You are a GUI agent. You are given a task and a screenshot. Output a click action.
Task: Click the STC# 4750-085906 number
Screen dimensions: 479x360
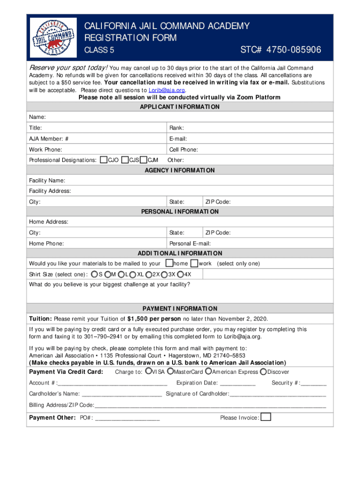281,50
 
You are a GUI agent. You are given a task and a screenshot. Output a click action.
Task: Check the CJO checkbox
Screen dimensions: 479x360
104,160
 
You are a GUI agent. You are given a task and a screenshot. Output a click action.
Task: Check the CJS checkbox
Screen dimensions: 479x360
125,160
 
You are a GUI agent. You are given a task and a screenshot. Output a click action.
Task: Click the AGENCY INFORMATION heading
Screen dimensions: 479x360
180,170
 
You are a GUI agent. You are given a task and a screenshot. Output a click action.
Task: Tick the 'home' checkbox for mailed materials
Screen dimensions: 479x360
170,263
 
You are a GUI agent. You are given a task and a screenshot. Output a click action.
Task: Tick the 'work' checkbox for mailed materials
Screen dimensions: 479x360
194,263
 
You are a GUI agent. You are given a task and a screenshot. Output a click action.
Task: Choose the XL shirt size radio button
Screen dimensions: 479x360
133,274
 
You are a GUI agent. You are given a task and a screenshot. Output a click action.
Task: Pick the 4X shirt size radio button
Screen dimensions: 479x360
180,274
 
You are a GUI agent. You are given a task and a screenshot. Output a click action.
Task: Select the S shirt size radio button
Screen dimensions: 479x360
94,274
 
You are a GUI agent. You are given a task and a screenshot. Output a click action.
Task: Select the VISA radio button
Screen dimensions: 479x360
148,372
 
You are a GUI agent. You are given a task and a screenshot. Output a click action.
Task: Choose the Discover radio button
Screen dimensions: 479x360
263,372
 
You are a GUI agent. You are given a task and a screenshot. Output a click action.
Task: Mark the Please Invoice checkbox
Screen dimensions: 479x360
266,417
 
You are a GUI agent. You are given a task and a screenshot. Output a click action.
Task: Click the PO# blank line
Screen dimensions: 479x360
127,418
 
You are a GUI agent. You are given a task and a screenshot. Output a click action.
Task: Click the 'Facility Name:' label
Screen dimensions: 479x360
47,181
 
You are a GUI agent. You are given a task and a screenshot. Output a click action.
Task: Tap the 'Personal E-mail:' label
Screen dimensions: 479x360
190,244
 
